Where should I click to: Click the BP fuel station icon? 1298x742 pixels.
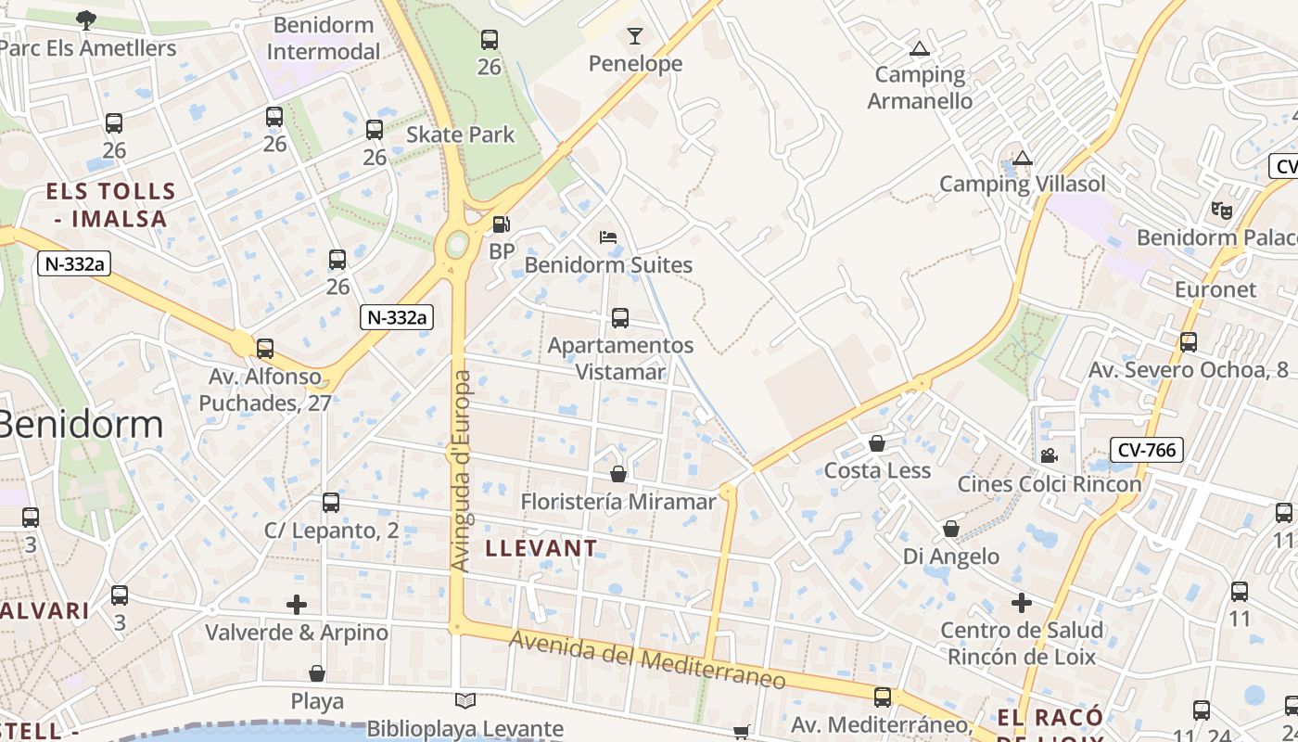501,224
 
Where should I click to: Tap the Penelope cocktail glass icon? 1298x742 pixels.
635,36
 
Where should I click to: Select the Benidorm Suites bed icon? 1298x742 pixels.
608,237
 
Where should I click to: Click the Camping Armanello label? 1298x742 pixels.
920,87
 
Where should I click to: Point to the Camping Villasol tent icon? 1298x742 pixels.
1023,158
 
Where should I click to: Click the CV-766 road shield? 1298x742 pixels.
1147,451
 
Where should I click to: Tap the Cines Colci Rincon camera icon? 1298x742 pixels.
1049,455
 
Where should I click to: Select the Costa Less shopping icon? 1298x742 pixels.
877,443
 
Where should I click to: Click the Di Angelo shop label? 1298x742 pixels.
951,556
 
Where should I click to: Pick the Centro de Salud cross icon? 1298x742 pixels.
1021,603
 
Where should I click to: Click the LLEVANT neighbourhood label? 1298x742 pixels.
541,548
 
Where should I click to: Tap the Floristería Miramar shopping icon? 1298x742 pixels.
618,474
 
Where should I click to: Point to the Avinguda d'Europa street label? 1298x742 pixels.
460,470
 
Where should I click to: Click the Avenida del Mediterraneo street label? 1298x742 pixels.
647,659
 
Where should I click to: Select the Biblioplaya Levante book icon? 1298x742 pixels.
465,701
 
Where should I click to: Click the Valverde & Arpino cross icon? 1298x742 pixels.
297,605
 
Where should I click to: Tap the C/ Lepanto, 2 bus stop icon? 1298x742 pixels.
331,503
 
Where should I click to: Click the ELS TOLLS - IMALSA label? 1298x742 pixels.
111,205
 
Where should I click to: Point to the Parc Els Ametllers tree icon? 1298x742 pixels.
85,19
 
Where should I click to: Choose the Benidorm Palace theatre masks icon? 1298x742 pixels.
1222,211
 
